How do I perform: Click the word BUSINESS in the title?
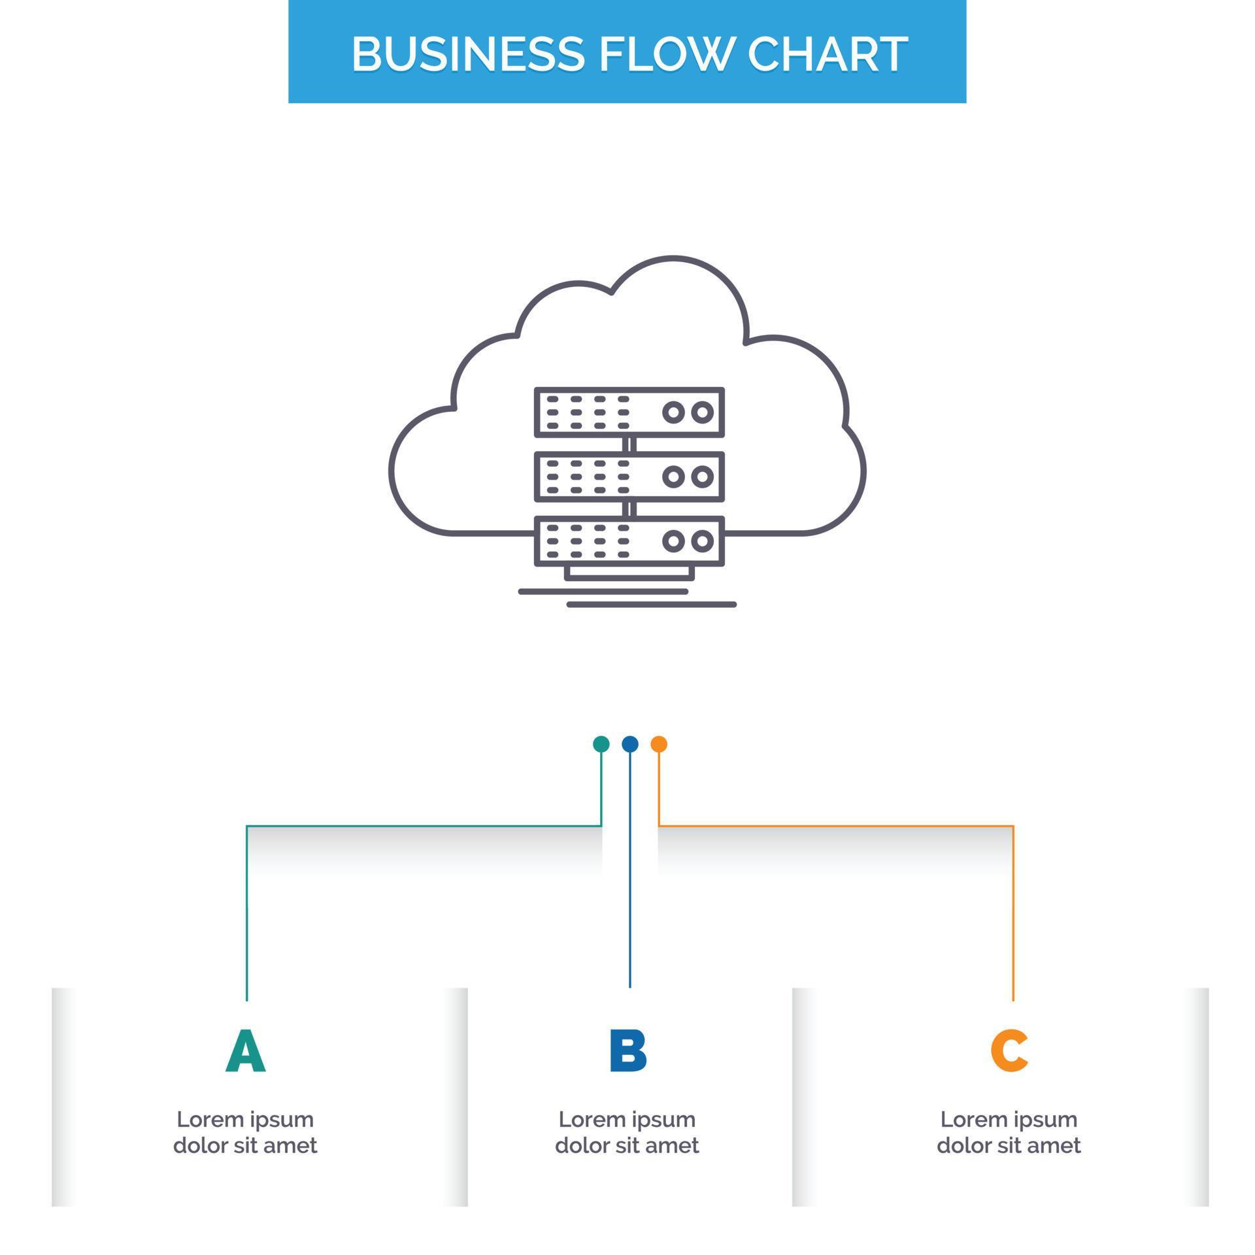tap(467, 54)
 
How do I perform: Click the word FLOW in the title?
tap(664, 54)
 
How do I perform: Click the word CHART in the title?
tap(828, 54)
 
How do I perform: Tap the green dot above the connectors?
tap(601, 744)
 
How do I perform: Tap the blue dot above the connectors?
tap(629, 744)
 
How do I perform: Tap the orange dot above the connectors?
tap(659, 744)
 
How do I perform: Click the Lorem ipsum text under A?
tap(245, 1132)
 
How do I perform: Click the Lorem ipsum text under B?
tap(627, 1132)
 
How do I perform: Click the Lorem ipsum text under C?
tap(1009, 1132)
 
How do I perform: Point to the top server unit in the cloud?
tap(629, 412)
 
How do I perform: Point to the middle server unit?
tap(629, 477)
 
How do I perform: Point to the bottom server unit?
tap(629, 541)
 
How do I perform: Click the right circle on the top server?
tap(702, 412)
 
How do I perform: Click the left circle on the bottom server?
tap(673, 541)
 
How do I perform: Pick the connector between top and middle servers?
tap(629, 444)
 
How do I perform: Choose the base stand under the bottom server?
tap(629, 573)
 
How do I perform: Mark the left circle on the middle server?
tap(673, 477)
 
